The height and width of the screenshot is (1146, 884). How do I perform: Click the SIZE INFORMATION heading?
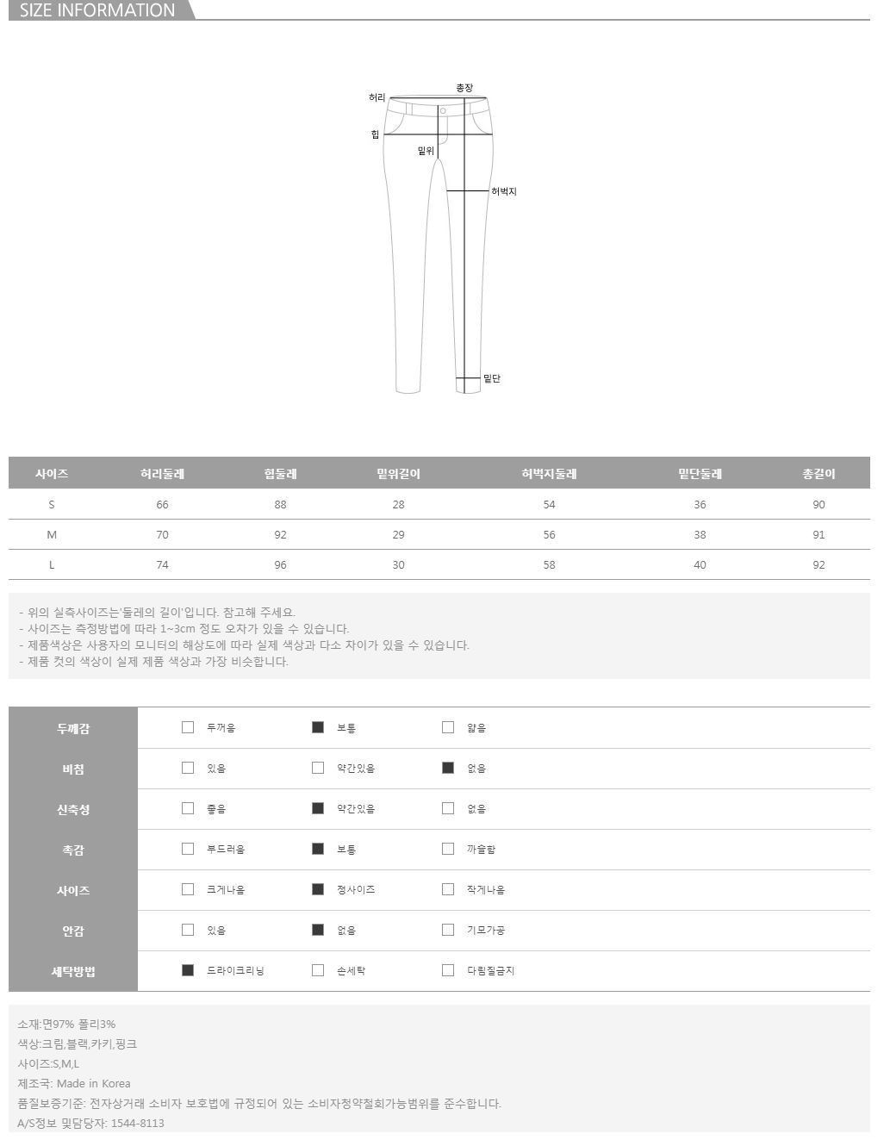coord(97,10)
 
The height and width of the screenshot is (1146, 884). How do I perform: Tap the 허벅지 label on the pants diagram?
coord(503,191)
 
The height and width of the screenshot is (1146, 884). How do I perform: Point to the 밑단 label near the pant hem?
coord(492,378)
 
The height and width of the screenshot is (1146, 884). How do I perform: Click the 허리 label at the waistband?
coord(377,97)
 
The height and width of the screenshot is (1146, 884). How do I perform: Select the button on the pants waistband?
coord(443,111)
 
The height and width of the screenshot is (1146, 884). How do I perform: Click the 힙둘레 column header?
coord(280,474)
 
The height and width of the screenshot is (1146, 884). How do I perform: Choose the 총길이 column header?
coord(819,474)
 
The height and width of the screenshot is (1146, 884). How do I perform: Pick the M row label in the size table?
coord(52,535)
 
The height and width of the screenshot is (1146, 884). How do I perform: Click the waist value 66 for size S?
coord(162,505)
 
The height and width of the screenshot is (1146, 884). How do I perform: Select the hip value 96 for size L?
coord(280,565)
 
